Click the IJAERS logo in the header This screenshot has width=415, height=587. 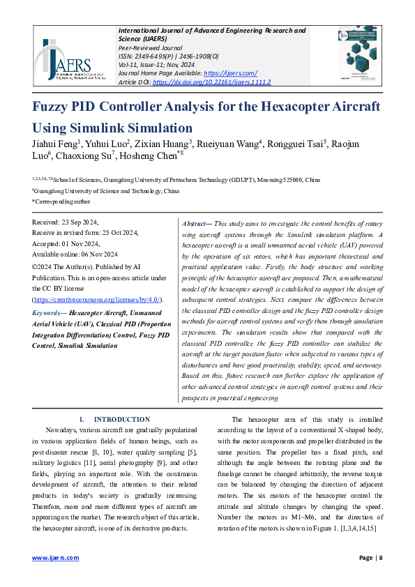(x=70, y=60)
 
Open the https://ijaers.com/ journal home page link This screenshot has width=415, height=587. (x=233, y=73)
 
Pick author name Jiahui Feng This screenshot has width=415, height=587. (x=54, y=144)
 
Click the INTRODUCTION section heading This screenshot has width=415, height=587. (x=121, y=419)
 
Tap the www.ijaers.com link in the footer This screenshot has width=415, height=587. (x=55, y=558)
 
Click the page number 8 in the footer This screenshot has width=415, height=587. (x=380, y=558)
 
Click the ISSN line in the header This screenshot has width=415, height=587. (x=168, y=56)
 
